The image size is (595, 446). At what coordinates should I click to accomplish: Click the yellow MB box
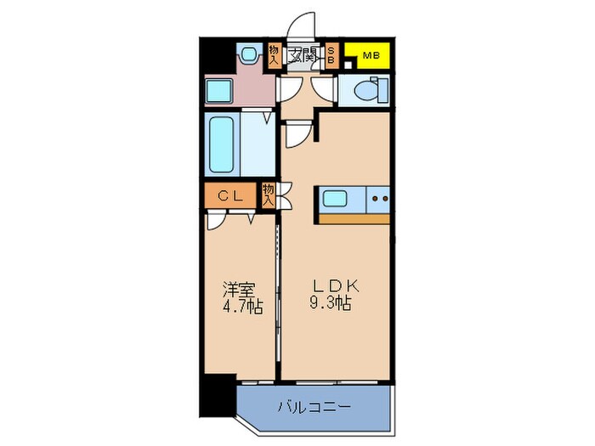pos(367,57)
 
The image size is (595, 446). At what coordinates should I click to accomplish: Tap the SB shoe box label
pos(331,57)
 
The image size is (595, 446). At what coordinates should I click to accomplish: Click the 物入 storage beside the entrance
pos(274,56)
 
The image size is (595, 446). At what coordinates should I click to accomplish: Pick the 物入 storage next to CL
pos(269,195)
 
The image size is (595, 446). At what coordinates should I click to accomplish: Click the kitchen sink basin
pos(334,200)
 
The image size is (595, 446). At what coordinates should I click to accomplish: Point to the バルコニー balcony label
pos(314,407)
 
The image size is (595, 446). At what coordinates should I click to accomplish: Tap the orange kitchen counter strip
pos(354,218)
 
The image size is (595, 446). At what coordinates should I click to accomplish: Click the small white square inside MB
pos(348,57)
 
